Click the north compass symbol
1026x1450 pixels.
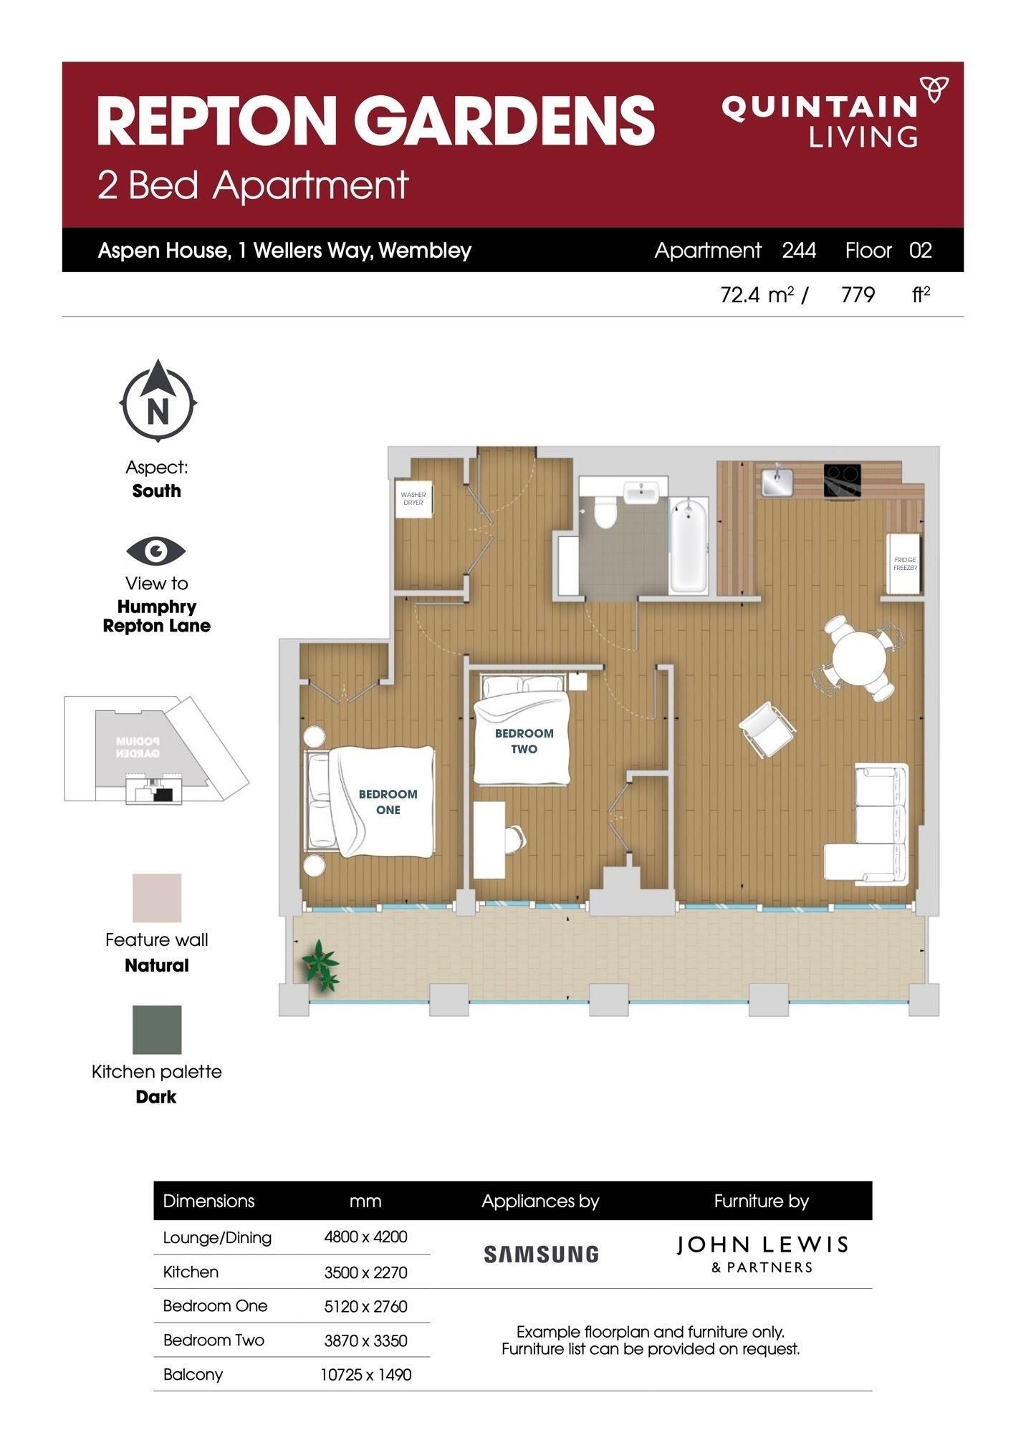click(x=158, y=403)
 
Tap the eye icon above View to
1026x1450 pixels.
click(x=156, y=551)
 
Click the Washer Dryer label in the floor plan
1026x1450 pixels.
click(x=413, y=498)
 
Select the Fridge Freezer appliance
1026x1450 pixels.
click(x=904, y=564)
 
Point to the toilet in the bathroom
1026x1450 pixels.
click(x=606, y=511)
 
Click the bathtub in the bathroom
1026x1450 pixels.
click(x=689, y=546)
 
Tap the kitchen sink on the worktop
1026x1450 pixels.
click(x=775, y=480)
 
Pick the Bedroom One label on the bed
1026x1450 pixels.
click(x=388, y=802)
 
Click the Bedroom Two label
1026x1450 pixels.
click(x=524, y=741)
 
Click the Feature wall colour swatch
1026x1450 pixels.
click(x=157, y=897)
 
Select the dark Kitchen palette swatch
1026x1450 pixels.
click(x=157, y=1029)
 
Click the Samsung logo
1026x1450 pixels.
click(x=541, y=1254)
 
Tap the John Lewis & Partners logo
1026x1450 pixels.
click(x=762, y=1254)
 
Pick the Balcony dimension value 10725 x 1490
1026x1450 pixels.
click(x=365, y=1374)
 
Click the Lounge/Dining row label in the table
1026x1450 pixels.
click(x=217, y=1237)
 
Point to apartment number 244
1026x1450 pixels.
click(x=799, y=250)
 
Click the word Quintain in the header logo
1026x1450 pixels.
click(x=820, y=108)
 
